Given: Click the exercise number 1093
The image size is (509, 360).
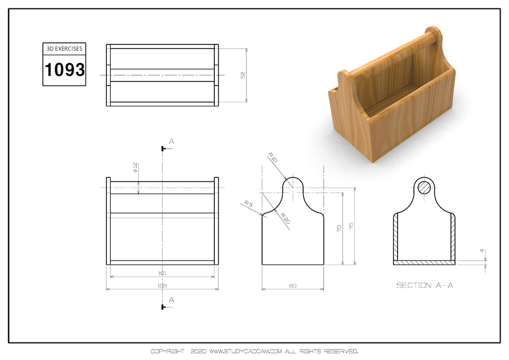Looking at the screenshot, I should [64, 70].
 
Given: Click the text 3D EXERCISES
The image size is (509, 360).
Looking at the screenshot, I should [64, 49].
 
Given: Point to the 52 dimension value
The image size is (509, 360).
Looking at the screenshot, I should [243, 75].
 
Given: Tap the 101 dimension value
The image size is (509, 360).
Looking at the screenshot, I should [163, 273].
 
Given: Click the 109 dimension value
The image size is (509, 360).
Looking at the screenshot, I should [163, 286].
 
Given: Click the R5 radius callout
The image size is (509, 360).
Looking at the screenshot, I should [247, 204].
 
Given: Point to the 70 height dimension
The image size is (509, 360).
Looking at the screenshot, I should [339, 229].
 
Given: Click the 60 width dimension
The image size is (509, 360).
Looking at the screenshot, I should [292, 286].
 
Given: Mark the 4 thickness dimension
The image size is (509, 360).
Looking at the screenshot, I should [482, 251].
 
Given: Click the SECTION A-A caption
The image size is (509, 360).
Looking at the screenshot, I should [425, 285].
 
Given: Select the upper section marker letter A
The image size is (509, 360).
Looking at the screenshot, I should [172, 142].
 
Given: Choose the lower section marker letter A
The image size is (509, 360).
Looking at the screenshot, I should [172, 300].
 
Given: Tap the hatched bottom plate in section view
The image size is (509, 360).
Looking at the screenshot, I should [425, 262].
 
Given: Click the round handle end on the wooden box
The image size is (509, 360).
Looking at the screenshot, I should [432, 34].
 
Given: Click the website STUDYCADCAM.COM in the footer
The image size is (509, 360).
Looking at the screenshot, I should [245, 352].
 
